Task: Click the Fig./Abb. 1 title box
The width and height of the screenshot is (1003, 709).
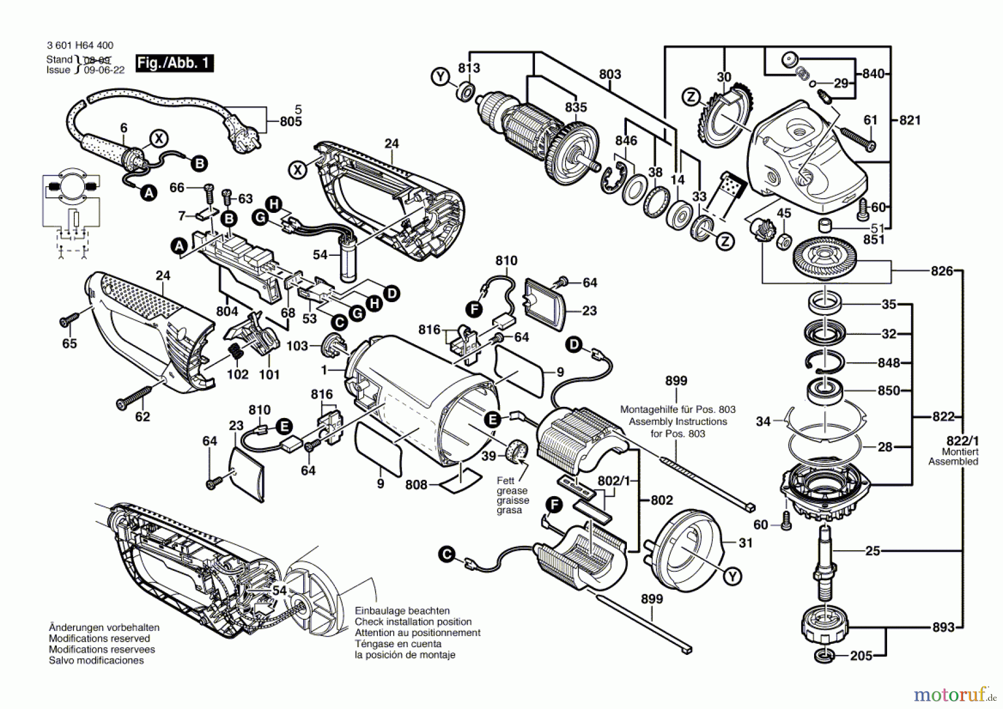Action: click(x=174, y=63)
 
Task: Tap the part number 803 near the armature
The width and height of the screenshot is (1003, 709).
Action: click(x=610, y=74)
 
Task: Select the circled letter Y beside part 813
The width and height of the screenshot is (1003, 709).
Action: click(x=441, y=76)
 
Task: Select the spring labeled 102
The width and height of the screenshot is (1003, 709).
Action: click(x=236, y=353)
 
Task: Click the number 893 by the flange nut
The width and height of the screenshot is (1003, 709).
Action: click(x=943, y=627)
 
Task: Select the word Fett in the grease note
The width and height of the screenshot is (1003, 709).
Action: click(x=505, y=480)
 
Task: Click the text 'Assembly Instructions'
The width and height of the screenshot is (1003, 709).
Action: click(x=678, y=421)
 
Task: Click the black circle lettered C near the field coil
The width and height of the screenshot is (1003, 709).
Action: click(x=446, y=555)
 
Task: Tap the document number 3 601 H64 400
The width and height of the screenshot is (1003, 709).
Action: click(x=80, y=46)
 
